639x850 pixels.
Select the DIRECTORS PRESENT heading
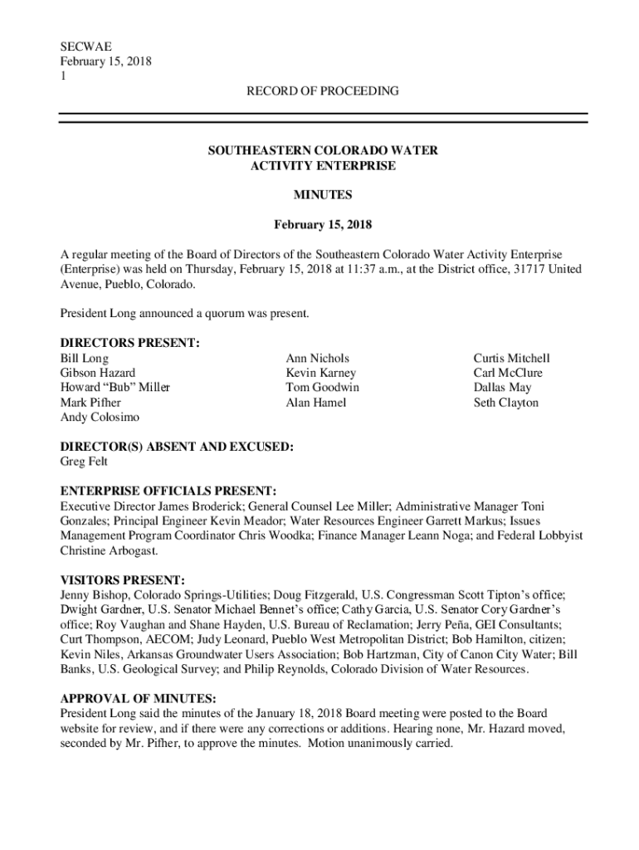coord(129,344)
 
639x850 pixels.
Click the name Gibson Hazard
coord(97,374)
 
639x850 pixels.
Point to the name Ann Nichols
coord(317,359)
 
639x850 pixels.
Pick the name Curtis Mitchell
coord(511,359)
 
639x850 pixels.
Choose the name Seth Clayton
coord(505,403)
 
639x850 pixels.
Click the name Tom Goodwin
coord(322,388)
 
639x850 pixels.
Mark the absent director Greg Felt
coord(83,462)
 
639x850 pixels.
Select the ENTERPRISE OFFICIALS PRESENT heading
coord(168,491)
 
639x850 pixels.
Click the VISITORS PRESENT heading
coord(122,579)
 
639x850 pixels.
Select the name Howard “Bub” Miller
coord(115,388)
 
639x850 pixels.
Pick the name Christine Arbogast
coord(106,550)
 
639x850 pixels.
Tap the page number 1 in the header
coord(63,76)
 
